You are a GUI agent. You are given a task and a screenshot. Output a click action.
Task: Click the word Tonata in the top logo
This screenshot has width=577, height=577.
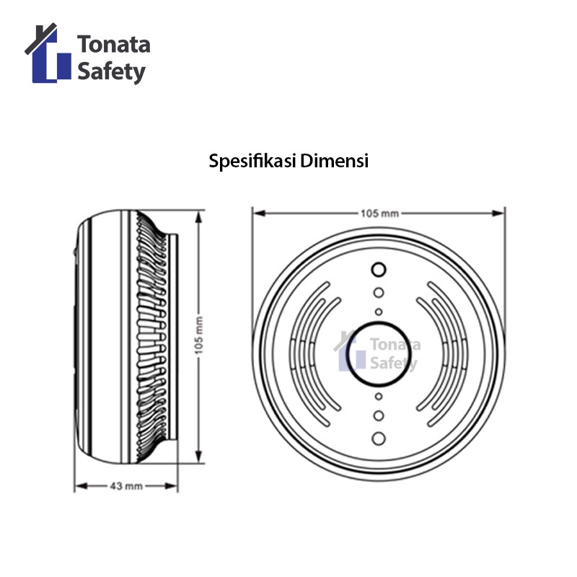coord(114,44)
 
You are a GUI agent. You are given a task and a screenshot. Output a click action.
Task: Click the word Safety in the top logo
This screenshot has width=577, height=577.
coord(112,72)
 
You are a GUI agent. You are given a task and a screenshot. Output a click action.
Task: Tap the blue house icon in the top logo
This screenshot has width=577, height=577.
coord(48,53)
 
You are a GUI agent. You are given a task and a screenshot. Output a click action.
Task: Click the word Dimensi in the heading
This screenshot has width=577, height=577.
coord(335,161)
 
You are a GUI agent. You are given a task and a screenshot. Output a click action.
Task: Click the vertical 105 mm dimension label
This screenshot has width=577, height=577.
coord(199,335)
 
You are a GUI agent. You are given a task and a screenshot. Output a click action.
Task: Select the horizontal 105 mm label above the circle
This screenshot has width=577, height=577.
coord(379,213)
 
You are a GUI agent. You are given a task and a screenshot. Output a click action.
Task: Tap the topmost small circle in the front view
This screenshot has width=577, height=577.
coord(378,269)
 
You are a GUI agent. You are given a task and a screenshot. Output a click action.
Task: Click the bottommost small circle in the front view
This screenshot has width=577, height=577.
coord(378,439)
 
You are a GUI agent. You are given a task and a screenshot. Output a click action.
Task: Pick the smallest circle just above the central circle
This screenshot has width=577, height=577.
coord(378,312)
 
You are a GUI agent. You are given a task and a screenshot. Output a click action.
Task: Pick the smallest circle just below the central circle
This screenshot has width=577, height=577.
coord(378,396)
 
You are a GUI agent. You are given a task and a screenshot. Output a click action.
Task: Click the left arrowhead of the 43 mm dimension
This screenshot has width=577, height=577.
coord(81,486)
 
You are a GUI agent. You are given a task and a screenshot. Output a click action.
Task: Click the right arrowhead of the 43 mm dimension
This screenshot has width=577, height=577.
coord(172,486)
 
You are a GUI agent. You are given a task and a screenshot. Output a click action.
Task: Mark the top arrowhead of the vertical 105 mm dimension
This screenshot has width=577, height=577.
coord(199,217)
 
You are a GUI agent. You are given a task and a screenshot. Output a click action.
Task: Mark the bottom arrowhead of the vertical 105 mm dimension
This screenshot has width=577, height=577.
coord(199,457)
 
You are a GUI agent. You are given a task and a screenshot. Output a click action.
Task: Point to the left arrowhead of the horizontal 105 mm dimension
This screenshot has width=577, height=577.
coord(260,213)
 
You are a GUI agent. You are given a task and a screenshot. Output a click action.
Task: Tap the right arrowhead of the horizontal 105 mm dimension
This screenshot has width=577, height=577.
coord(498,213)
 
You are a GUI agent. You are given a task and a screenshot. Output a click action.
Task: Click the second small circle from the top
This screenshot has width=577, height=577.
coord(378,293)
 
